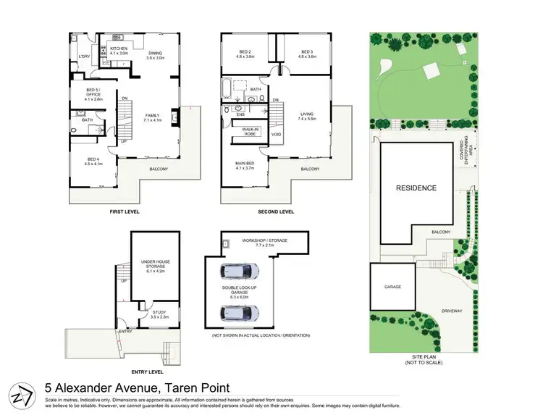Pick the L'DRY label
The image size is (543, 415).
(83, 56)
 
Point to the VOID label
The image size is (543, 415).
(276, 135)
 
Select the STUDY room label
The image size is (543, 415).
(159, 314)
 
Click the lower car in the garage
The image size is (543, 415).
(239, 313)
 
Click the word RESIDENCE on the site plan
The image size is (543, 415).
(416, 188)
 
